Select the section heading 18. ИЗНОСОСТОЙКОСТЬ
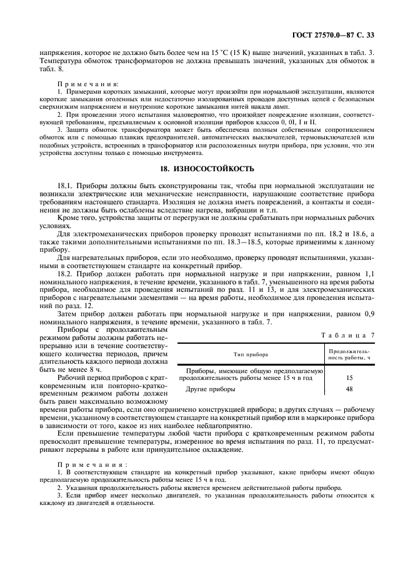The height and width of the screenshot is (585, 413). click(x=206, y=168)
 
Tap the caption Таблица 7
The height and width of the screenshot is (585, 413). click(x=347, y=336)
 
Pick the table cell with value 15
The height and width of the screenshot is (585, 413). click(x=349, y=378)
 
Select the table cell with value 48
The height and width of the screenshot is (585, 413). click(x=349, y=389)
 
